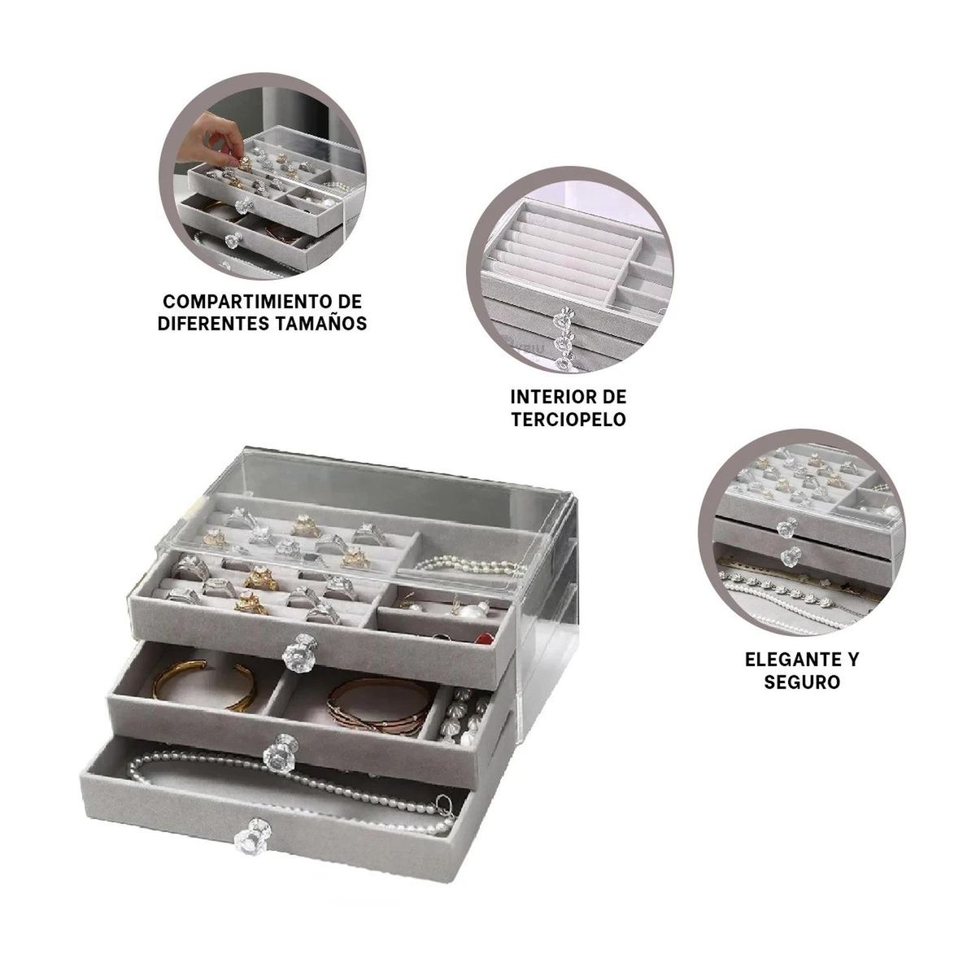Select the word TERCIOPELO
[x=569, y=420]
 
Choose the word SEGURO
[x=802, y=682]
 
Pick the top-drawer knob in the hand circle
[x=245, y=205]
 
